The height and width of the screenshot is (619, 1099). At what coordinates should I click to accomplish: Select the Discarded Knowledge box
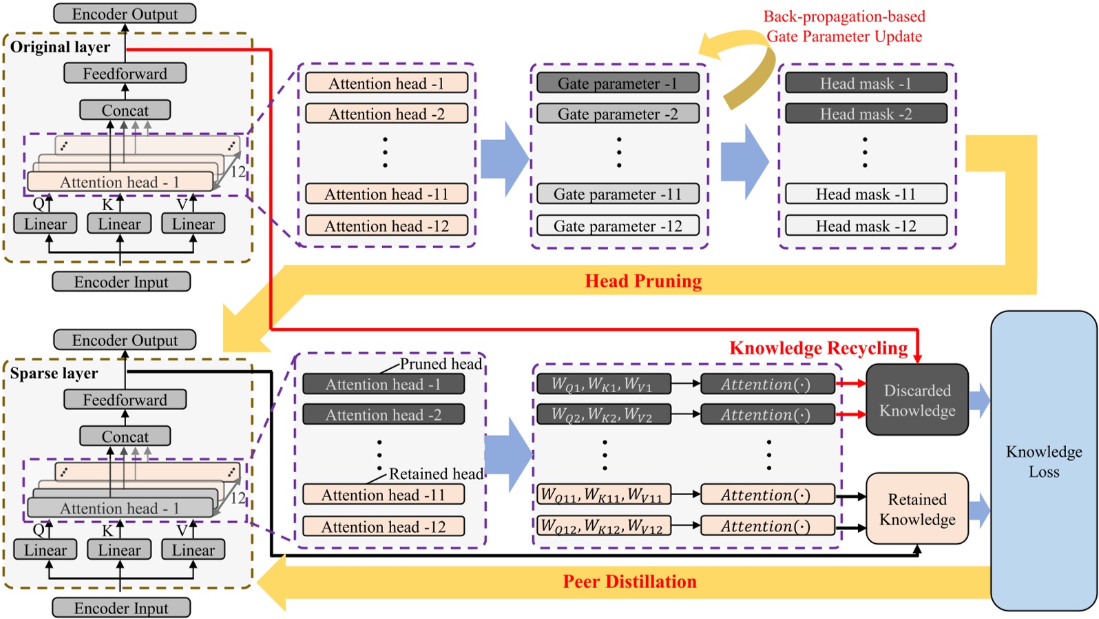click(917, 400)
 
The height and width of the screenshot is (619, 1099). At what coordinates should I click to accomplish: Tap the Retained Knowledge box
click(917, 509)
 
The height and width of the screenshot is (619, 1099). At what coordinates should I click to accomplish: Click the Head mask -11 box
click(866, 194)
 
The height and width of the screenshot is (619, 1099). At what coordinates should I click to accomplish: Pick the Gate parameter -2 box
click(618, 114)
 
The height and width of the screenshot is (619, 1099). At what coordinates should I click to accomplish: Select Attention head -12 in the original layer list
click(386, 225)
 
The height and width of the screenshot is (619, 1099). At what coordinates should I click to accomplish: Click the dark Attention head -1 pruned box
click(383, 384)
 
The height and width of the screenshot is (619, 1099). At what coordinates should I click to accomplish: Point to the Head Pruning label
click(643, 281)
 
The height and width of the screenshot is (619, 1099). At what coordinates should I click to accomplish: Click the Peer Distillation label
click(629, 581)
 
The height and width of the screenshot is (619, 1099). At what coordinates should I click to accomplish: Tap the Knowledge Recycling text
click(818, 348)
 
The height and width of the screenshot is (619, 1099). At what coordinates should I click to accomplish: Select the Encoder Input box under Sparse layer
click(121, 608)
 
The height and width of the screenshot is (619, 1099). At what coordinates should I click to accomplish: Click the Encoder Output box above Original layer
click(125, 14)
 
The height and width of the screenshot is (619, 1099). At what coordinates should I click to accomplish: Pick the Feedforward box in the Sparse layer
click(125, 400)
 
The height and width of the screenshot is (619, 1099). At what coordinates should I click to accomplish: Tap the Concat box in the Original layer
click(125, 110)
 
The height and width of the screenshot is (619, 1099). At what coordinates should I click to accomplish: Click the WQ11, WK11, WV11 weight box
click(603, 494)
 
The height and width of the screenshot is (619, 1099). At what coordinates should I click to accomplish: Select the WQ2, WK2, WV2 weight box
click(603, 414)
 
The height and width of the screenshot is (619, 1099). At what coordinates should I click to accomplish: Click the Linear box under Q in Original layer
click(45, 224)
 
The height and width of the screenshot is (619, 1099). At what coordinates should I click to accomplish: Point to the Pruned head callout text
click(441, 363)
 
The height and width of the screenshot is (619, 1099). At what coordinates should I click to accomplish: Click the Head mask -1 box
click(866, 83)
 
